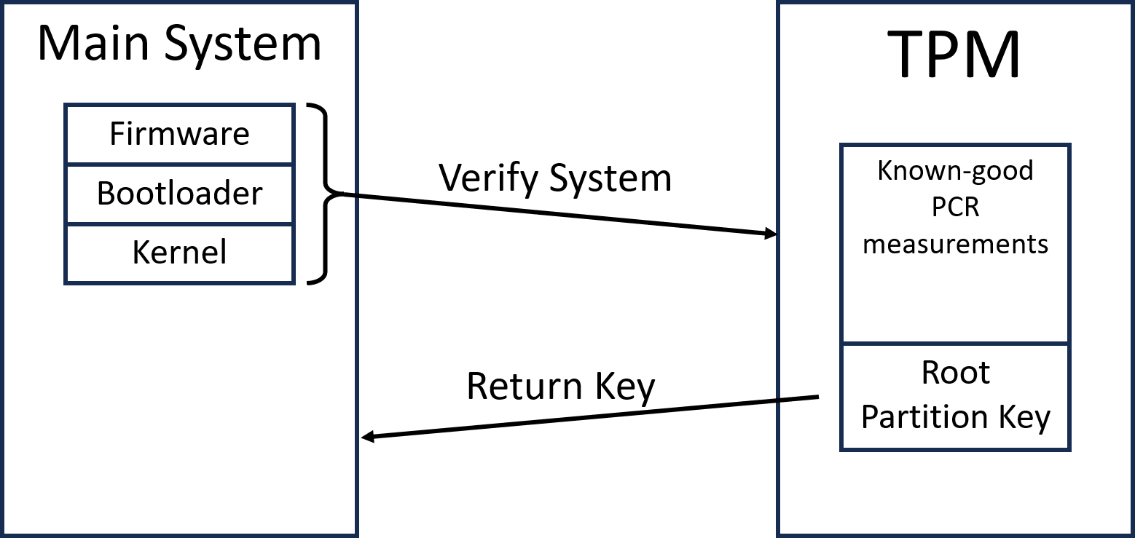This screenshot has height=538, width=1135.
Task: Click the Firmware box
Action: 179,134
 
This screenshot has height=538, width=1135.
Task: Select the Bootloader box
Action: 179,194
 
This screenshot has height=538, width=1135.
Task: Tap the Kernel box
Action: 179,253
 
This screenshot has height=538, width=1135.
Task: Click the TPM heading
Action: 955,55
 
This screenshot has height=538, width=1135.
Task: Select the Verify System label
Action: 554,178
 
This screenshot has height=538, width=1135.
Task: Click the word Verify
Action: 488,178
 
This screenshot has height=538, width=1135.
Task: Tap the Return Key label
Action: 560,387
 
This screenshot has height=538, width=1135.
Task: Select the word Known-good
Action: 955,170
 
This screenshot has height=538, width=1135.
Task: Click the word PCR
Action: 955,207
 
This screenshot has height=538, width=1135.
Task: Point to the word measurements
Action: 955,244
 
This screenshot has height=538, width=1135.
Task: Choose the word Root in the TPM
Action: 955,373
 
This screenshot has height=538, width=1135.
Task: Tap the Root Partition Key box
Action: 955,397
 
